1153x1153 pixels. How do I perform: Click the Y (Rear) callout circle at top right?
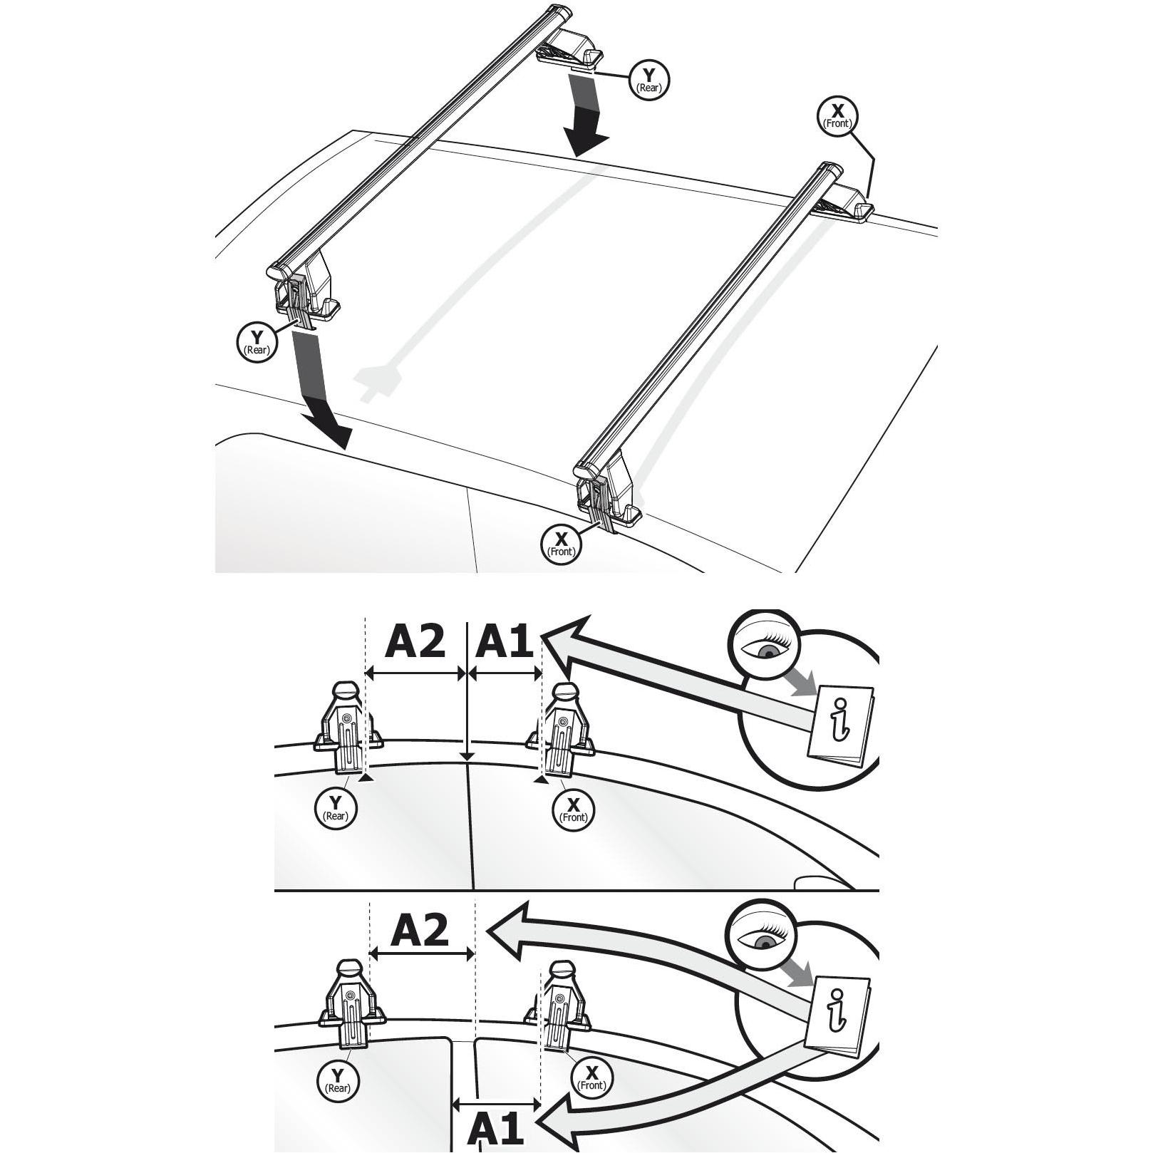click(648, 79)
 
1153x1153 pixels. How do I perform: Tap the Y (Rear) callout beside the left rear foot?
click(256, 342)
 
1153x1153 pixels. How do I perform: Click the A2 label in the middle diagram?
click(415, 641)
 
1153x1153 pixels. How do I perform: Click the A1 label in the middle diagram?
click(503, 641)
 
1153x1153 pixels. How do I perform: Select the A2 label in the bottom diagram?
click(420, 930)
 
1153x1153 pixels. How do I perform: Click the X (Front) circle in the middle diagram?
click(574, 811)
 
